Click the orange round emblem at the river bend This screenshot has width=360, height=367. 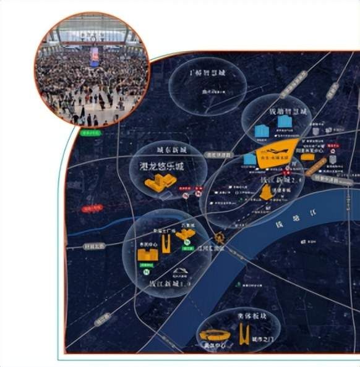(219, 237)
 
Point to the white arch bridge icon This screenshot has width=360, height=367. (180, 272)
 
